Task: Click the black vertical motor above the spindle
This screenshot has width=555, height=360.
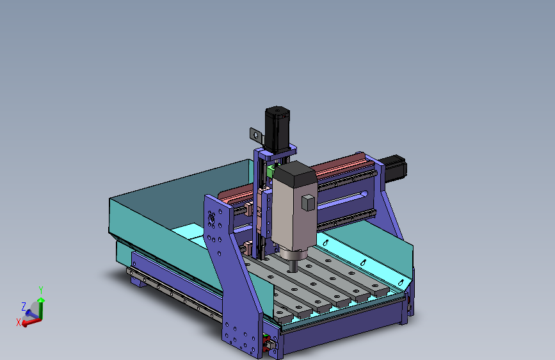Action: (278, 129)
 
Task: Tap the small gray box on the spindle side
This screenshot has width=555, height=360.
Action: (309, 202)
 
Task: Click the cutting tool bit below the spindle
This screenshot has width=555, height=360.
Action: (293, 266)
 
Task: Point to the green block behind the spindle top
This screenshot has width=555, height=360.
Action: (271, 171)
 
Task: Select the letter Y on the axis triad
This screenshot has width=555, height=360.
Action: (41, 290)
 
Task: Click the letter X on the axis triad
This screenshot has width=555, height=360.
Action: (19, 322)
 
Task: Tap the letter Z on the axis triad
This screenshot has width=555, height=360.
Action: (24, 306)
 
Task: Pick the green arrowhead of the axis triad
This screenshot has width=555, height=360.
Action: (41, 300)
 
